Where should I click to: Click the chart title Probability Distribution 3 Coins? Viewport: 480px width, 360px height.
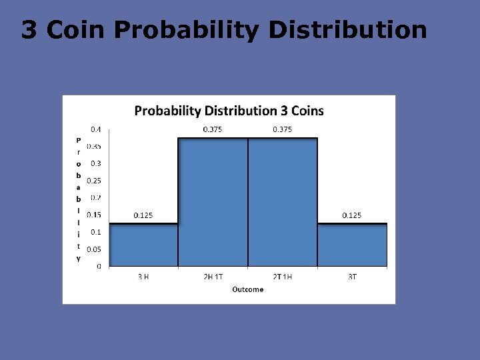229,111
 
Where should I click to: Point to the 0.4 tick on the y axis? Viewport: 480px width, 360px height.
97,129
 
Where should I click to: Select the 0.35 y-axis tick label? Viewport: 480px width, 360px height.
94,146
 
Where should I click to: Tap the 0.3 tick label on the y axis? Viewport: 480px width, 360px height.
96,163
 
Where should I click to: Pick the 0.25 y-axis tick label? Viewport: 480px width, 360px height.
94,181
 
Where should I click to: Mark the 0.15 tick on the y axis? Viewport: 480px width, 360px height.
94,215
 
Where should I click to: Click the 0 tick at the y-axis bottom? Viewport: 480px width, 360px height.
99,266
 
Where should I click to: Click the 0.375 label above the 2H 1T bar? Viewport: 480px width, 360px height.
213,129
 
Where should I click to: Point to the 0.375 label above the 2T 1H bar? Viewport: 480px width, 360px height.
283,129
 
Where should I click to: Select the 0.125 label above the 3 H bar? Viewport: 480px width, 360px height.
144,215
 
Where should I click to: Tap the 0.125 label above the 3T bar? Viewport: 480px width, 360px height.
353,215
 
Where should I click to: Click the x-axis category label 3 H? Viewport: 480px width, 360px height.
143,277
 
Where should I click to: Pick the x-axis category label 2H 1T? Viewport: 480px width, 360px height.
213,277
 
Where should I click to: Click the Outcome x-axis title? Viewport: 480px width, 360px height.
247,289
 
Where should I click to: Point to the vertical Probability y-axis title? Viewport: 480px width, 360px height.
78,199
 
